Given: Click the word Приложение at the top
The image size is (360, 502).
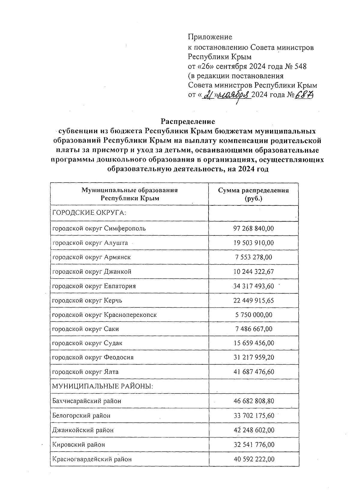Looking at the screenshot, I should click(x=210, y=37).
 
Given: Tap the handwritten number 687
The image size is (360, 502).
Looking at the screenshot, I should click(x=303, y=95).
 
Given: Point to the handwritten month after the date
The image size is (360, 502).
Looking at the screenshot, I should click(x=234, y=95).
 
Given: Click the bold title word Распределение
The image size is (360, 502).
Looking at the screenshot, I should click(x=188, y=122).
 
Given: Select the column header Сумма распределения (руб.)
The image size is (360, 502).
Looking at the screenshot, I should click(x=253, y=194).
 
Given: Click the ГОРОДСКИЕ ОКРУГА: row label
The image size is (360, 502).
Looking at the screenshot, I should click(x=89, y=213).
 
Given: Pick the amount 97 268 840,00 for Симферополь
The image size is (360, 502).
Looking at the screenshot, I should click(x=253, y=229).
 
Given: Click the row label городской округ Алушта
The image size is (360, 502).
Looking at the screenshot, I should click(x=90, y=243).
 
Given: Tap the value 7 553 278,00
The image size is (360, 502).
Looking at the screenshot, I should click(x=253, y=257).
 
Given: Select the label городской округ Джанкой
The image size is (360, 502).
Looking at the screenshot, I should click(x=92, y=272).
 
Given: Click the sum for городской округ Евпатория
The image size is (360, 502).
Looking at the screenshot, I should click(x=253, y=286).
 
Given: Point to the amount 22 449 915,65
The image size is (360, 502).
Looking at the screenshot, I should click(x=253, y=300).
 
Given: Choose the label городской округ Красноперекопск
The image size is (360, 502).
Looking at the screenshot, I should click(x=104, y=315).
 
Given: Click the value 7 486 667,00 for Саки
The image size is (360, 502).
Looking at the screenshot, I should click(x=253, y=329).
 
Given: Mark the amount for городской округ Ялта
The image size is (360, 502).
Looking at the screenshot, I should click(x=253, y=372).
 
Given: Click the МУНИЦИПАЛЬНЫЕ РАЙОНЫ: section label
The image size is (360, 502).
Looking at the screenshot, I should click(x=103, y=387).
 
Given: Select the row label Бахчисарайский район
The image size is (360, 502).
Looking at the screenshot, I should click(x=87, y=401).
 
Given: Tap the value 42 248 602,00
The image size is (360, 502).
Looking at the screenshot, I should click(x=253, y=430).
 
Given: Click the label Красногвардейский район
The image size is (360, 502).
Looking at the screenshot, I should click(x=92, y=459).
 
